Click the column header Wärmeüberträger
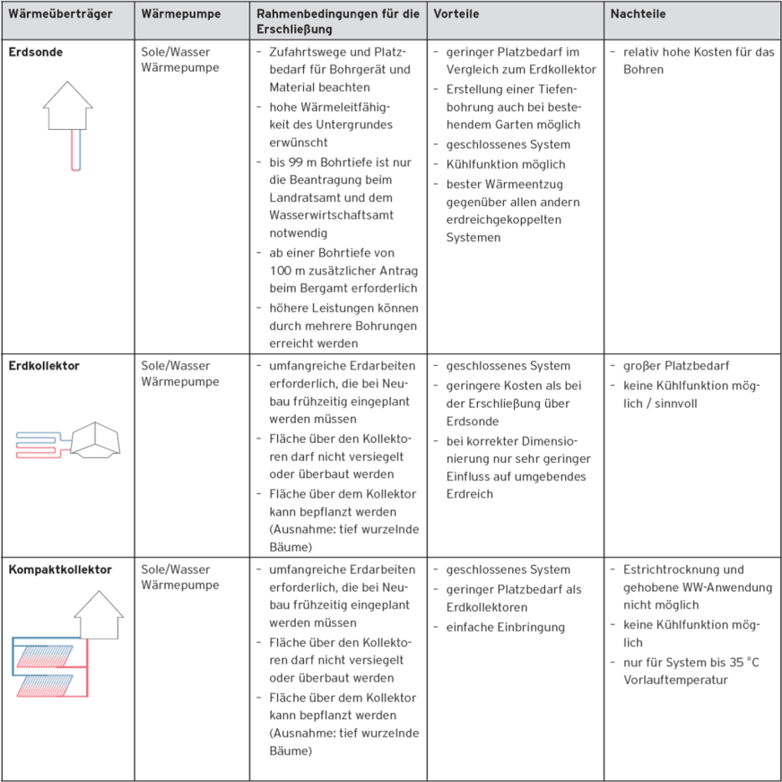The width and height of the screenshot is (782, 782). [x=59, y=15]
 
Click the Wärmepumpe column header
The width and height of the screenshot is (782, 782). [x=181, y=15]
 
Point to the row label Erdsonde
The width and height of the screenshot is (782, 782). [x=36, y=52]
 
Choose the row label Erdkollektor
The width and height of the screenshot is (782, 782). [x=45, y=366]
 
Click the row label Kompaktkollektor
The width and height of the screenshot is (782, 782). [x=60, y=569]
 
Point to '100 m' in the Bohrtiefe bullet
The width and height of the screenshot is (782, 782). [x=286, y=271]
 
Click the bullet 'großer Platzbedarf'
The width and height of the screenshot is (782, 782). [x=675, y=366]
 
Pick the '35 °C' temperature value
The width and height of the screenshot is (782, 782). [x=738, y=662]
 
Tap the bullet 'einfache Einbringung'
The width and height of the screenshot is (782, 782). [x=506, y=627]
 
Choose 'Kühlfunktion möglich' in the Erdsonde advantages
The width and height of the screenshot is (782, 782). [x=506, y=164]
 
